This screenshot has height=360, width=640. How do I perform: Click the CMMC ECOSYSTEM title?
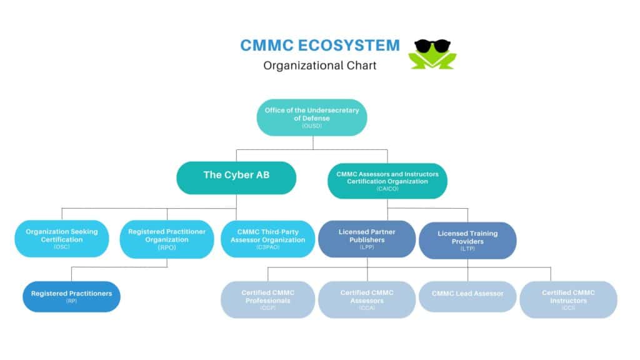coord(320,45)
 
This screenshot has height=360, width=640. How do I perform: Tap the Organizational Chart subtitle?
coord(320,65)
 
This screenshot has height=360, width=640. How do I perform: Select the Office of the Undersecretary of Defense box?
coord(311,117)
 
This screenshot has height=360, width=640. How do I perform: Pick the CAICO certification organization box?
coord(387,180)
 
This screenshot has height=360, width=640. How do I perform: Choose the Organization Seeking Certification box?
coord(62,239)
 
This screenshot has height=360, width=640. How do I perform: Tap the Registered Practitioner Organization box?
coord(167,239)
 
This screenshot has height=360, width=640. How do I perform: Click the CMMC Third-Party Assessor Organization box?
coord(267,239)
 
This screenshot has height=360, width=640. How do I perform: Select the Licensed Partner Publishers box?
coord(367,239)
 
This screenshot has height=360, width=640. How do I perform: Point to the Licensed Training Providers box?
coord(467,240)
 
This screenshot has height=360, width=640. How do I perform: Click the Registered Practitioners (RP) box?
coord(71,296)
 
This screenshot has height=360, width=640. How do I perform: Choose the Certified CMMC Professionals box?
coord(268,299)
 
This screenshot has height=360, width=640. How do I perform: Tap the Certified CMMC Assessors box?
coord(367,299)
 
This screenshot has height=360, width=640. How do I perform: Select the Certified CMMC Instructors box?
coord(568,299)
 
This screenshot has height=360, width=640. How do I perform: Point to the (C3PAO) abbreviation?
coord(267,248)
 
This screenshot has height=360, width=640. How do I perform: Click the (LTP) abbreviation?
coord(467,249)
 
